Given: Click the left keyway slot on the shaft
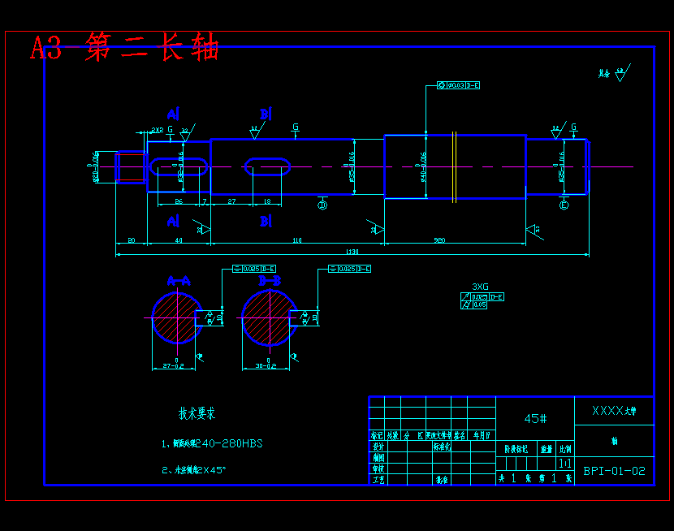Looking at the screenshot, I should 179,166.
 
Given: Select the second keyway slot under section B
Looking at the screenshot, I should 267,166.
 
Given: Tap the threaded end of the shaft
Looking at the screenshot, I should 130,167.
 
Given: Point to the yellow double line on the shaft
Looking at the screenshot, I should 456,166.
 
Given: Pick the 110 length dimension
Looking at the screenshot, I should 296,240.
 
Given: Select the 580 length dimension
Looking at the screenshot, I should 439,240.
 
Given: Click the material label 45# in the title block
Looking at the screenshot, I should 535,419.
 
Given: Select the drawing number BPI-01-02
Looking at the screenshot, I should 614,471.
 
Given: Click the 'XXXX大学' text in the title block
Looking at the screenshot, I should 613,411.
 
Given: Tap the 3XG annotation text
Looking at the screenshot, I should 480,287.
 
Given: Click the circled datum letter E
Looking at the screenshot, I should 564,205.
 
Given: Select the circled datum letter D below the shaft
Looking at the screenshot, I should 322,205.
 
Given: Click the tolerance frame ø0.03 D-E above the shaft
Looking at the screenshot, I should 459,85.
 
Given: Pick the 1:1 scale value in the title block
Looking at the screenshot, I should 564,463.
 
